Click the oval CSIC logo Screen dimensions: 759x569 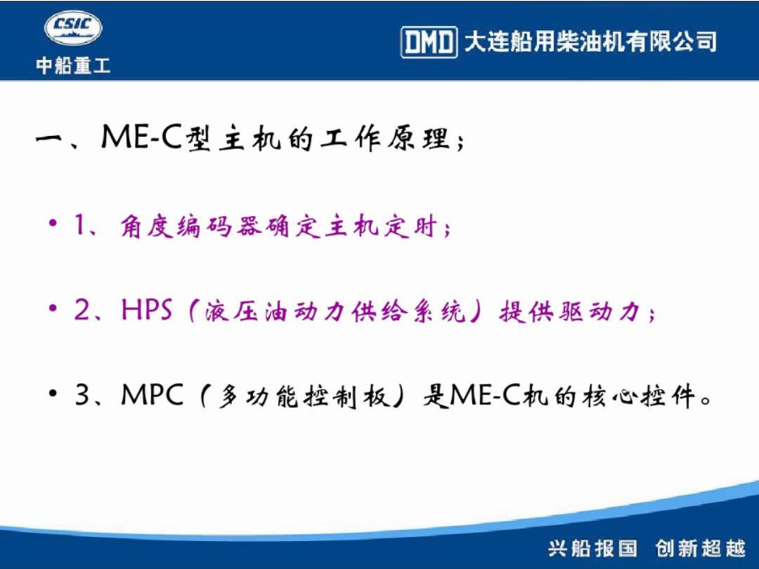(x=73, y=28)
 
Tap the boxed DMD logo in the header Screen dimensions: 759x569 (x=429, y=43)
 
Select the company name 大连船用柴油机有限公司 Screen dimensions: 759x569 (x=590, y=41)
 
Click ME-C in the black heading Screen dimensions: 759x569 (x=142, y=137)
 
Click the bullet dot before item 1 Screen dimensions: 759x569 (x=53, y=224)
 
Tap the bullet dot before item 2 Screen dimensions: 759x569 (x=53, y=308)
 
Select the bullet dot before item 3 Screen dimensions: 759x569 (x=53, y=393)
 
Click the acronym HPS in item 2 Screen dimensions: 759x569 (x=147, y=309)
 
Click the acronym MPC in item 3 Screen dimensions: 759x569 (x=153, y=394)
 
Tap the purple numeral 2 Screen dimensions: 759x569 (x=82, y=309)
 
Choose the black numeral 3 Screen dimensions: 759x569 (x=83, y=394)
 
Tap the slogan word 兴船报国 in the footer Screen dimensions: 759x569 (x=593, y=548)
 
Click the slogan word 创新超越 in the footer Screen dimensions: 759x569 (x=701, y=548)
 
